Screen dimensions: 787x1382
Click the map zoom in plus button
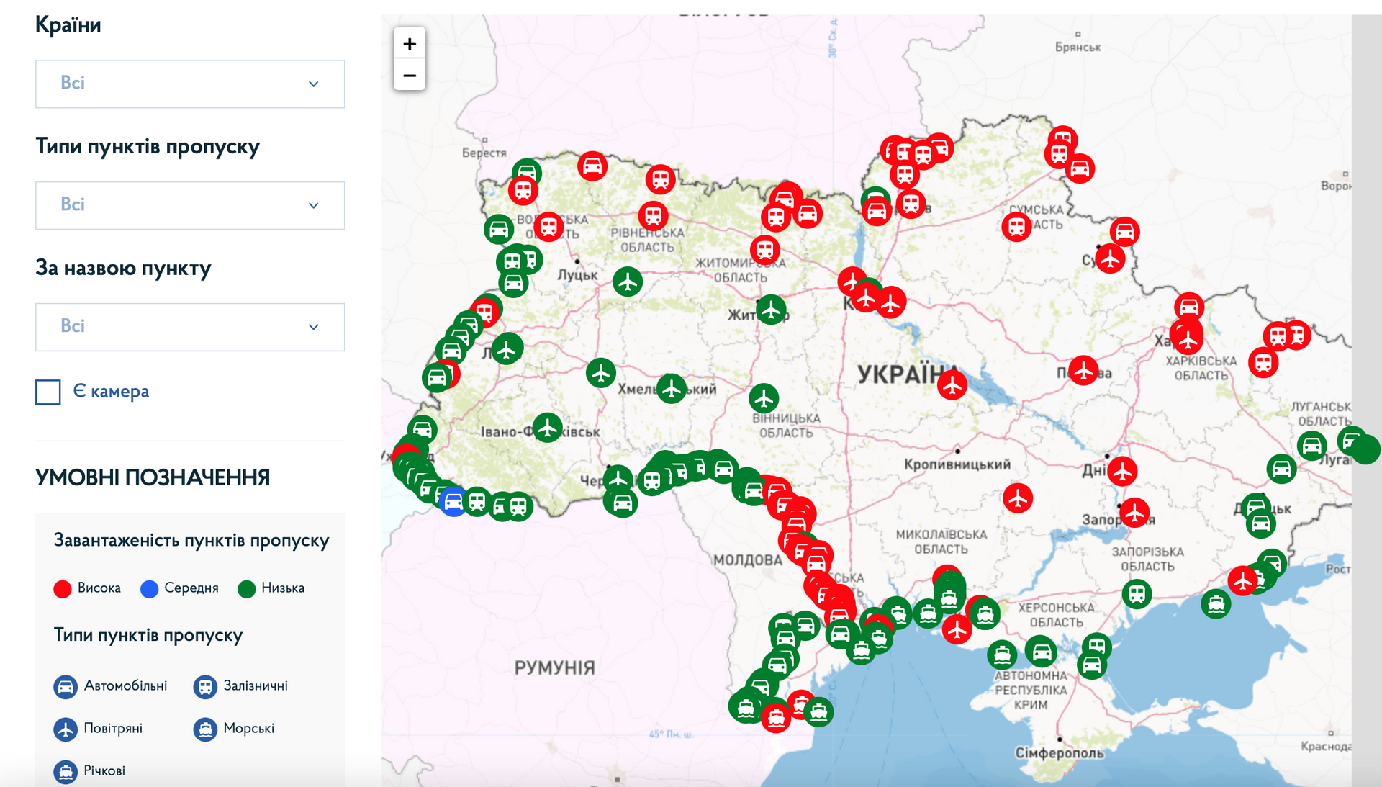pyautogui.click(x=410, y=44)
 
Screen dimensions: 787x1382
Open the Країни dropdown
pyautogui.click(x=190, y=84)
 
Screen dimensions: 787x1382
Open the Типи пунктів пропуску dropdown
pyautogui.click(x=190, y=206)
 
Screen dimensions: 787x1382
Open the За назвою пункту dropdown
pyautogui.click(x=190, y=328)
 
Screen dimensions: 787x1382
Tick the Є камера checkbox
pyautogui.click(x=48, y=392)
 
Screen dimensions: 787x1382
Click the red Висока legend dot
pyautogui.click(x=63, y=589)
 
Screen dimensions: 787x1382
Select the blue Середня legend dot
pyautogui.click(x=149, y=589)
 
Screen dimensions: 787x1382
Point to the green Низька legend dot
pyautogui.click(x=246, y=589)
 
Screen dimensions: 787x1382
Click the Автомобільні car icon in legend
pyautogui.click(x=66, y=687)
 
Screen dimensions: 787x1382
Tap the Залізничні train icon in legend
pyautogui.click(x=205, y=687)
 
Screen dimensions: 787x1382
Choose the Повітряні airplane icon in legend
pyautogui.click(x=66, y=729)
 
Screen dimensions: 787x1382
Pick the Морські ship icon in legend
pyautogui.click(x=205, y=729)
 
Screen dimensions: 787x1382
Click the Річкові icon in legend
pyautogui.click(x=66, y=772)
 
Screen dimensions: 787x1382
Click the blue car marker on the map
pyautogui.click(x=453, y=502)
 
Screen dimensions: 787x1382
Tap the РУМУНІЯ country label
pyautogui.click(x=554, y=668)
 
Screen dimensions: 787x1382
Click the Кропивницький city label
pyautogui.click(x=957, y=464)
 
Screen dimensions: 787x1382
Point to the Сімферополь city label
pyautogui.click(x=1059, y=753)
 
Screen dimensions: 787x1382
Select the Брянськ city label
pyautogui.click(x=1078, y=48)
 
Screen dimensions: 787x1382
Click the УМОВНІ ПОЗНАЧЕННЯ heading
pyautogui.click(x=153, y=477)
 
